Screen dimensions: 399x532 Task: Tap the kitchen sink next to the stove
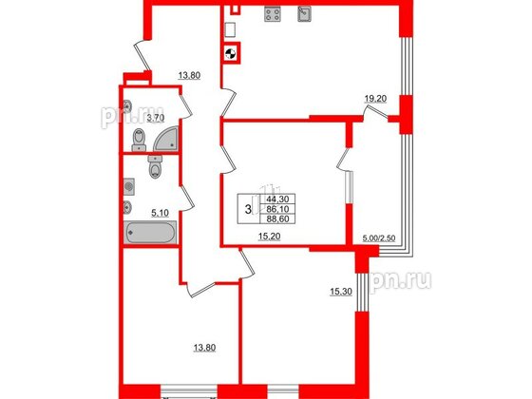click(x=306, y=13)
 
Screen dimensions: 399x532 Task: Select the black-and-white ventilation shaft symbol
click(x=229, y=54)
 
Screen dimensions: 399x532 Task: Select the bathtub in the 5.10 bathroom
click(x=149, y=233)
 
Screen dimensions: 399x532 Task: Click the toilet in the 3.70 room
click(x=140, y=142)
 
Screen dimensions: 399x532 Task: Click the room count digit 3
click(x=248, y=208)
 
